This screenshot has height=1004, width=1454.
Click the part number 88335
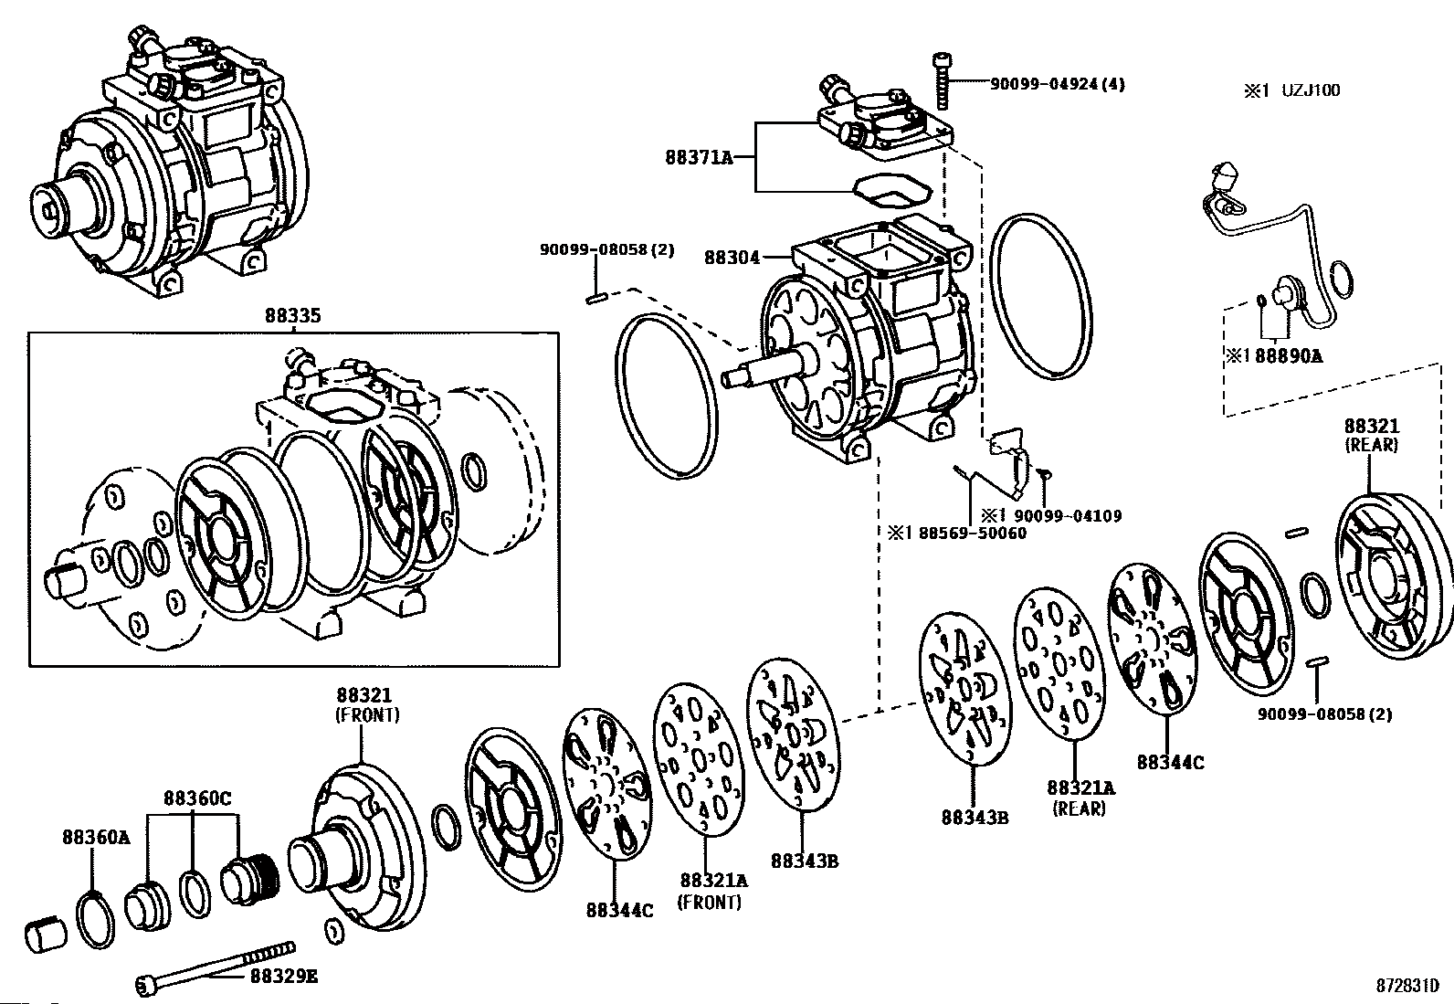coord(293,315)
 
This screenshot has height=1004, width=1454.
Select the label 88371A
coord(699,157)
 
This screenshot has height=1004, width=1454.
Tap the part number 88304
coord(732,258)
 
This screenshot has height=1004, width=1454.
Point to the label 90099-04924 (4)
coord(1058,84)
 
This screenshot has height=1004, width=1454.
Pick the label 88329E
coord(284,976)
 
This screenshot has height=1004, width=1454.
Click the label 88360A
coord(96,837)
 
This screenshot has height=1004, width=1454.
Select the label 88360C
coord(197,798)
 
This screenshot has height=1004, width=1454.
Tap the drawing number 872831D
coord(1407,986)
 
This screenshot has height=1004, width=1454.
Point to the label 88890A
coord(1289,356)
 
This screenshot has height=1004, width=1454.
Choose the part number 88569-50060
coord(973,534)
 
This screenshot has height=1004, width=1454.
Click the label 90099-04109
coord(1068,516)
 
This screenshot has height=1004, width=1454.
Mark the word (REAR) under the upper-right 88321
coord(1371,445)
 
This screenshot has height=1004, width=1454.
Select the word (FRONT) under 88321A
coord(710,902)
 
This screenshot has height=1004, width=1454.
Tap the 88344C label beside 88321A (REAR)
coord(1170,763)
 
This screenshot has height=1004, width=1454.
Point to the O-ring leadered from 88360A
coord(95,920)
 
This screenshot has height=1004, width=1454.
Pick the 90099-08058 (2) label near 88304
coord(607,249)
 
